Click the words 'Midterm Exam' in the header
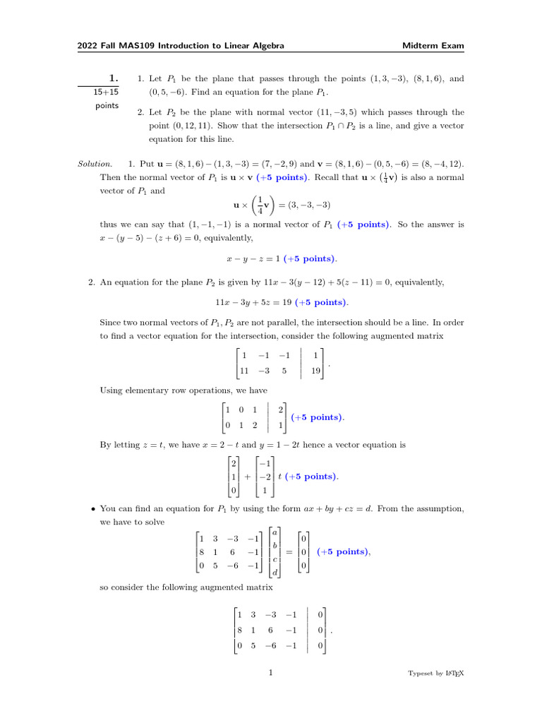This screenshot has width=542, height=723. click(x=433, y=46)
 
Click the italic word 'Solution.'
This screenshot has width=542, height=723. click(x=95, y=164)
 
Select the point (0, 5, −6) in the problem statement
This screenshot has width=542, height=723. click(x=169, y=92)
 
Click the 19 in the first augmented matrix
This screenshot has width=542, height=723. click(x=315, y=370)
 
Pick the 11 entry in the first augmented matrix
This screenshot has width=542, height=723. click(x=245, y=370)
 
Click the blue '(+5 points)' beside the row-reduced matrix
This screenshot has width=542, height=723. click(x=318, y=417)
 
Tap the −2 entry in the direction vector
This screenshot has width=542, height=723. click(x=264, y=477)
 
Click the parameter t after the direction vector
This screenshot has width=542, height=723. click(x=279, y=477)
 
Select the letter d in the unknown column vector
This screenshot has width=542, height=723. click(x=275, y=573)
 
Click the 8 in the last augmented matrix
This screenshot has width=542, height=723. click(x=241, y=630)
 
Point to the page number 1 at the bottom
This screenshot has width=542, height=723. click(x=271, y=673)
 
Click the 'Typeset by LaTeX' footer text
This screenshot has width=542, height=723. click(x=436, y=674)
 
